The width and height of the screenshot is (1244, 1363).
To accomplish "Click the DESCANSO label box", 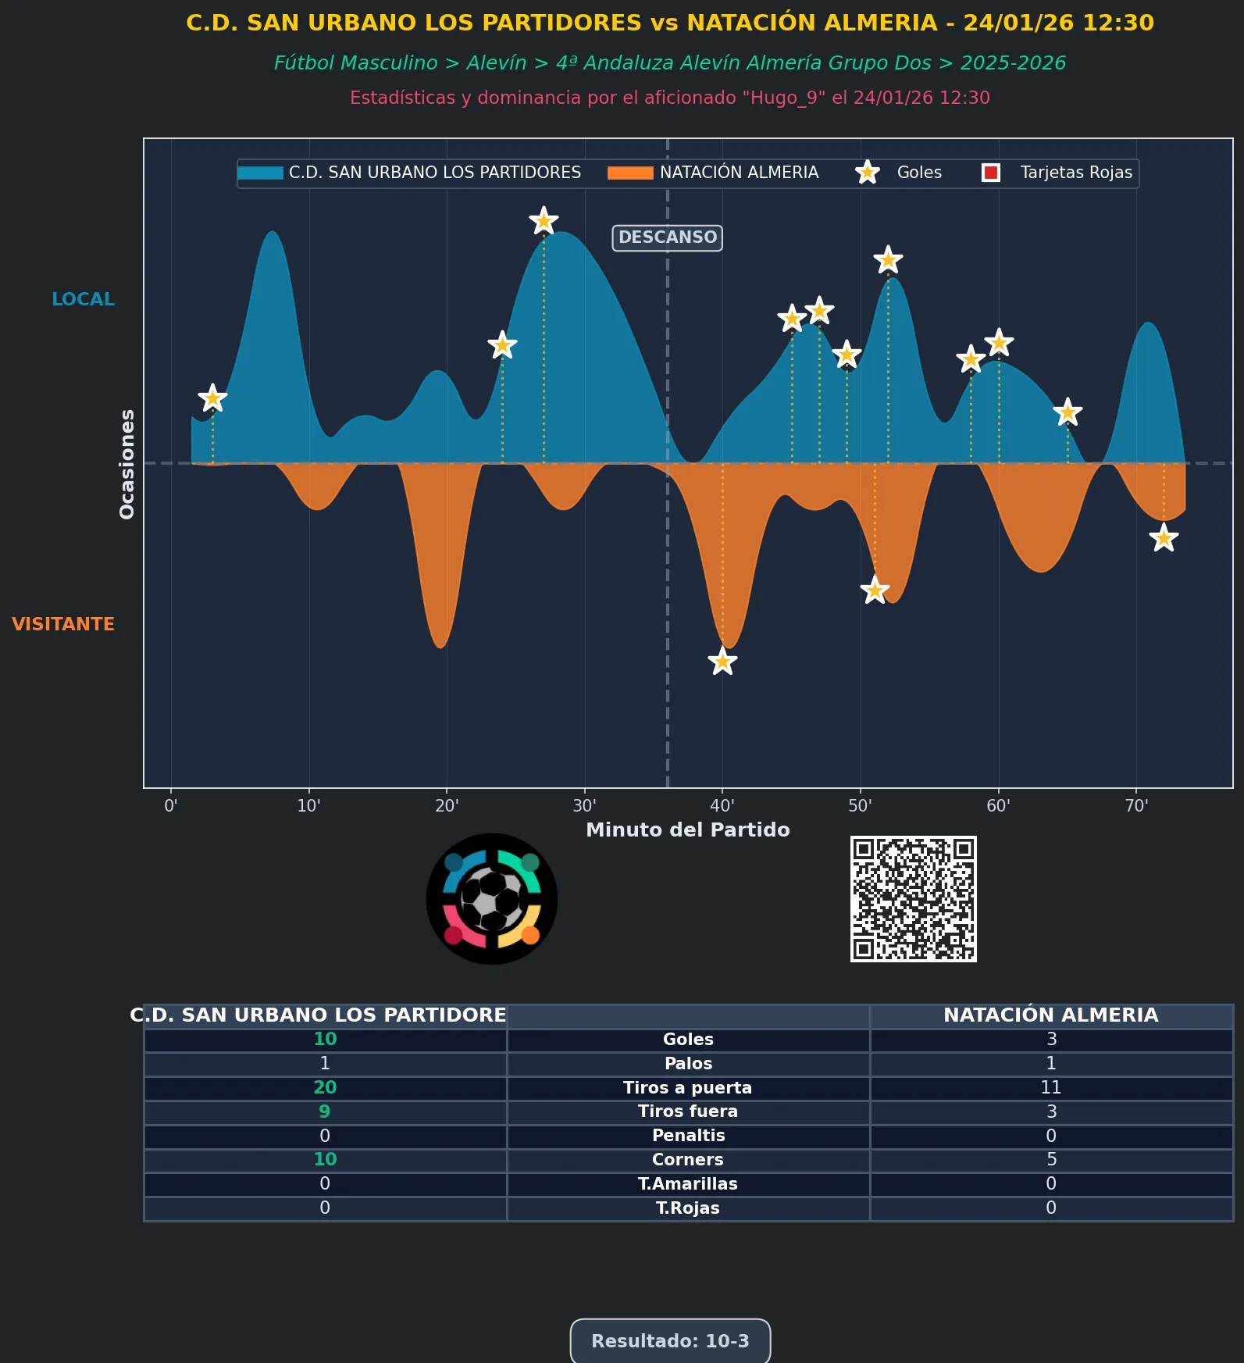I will (x=667, y=237).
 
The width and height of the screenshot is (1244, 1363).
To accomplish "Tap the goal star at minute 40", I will (x=722, y=662).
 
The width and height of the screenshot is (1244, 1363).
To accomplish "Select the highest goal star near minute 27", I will (x=544, y=221).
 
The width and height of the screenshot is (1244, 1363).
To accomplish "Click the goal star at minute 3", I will (x=212, y=398).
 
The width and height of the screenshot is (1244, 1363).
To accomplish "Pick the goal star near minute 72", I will (x=1164, y=538).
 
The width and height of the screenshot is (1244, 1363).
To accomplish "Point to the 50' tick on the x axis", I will (x=860, y=806).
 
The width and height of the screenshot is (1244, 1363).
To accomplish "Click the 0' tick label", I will (x=171, y=806).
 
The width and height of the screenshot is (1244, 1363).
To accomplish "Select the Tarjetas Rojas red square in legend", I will (x=991, y=173).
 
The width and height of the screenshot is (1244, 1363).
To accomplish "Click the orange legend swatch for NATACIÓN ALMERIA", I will (x=630, y=173).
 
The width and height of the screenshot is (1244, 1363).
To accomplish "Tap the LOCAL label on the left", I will (x=83, y=299).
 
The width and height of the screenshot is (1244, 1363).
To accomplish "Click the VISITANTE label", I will (x=63, y=624).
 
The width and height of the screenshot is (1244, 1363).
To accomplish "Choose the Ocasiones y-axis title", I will (x=127, y=464).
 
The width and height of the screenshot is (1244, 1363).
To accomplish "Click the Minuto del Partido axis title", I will (x=687, y=830).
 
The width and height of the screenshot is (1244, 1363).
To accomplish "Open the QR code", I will (x=913, y=898).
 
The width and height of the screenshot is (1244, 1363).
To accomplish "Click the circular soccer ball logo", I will (x=491, y=898).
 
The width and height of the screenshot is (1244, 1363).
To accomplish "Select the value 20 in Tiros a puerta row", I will (x=325, y=1087).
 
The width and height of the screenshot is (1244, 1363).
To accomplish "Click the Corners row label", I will (x=687, y=1160).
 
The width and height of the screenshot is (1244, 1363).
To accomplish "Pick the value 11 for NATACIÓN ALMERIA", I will (x=1050, y=1087).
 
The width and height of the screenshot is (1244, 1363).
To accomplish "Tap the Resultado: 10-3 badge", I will (x=670, y=1341).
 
